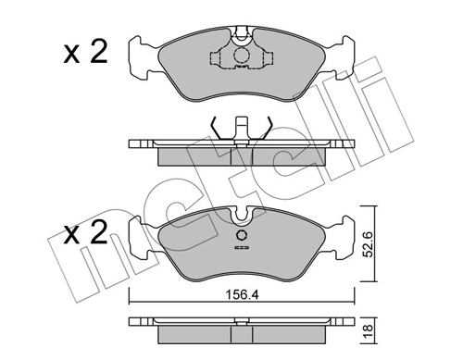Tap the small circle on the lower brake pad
(x=240, y=234)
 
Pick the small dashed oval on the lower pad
(x=240, y=247)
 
